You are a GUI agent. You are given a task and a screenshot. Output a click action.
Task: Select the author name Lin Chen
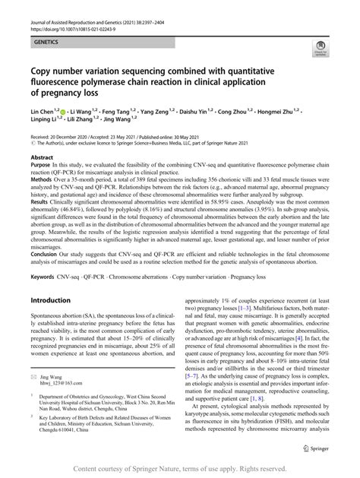click(43, 111)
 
